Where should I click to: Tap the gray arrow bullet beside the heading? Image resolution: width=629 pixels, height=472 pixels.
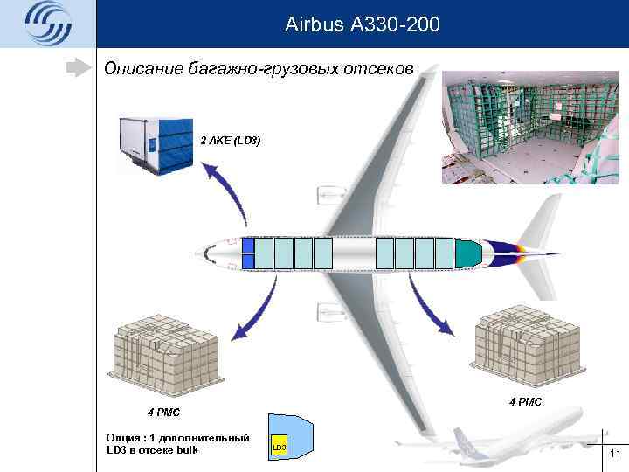pyautogui.click(x=83, y=67)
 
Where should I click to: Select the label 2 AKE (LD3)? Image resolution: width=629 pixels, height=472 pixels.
pyautogui.click(x=231, y=140)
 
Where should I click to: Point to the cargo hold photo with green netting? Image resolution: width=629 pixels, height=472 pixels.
pyautogui.click(x=529, y=128)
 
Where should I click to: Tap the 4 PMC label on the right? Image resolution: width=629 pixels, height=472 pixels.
pyautogui.click(x=525, y=401)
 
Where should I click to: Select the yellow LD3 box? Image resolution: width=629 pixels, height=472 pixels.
pyautogui.click(x=279, y=448)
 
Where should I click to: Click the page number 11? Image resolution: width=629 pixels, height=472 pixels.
pyautogui.click(x=614, y=453)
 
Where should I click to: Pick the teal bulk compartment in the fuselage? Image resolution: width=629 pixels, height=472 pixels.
pyautogui.click(x=467, y=253)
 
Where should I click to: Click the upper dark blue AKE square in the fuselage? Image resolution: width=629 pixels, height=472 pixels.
pyautogui.click(x=247, y=245)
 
